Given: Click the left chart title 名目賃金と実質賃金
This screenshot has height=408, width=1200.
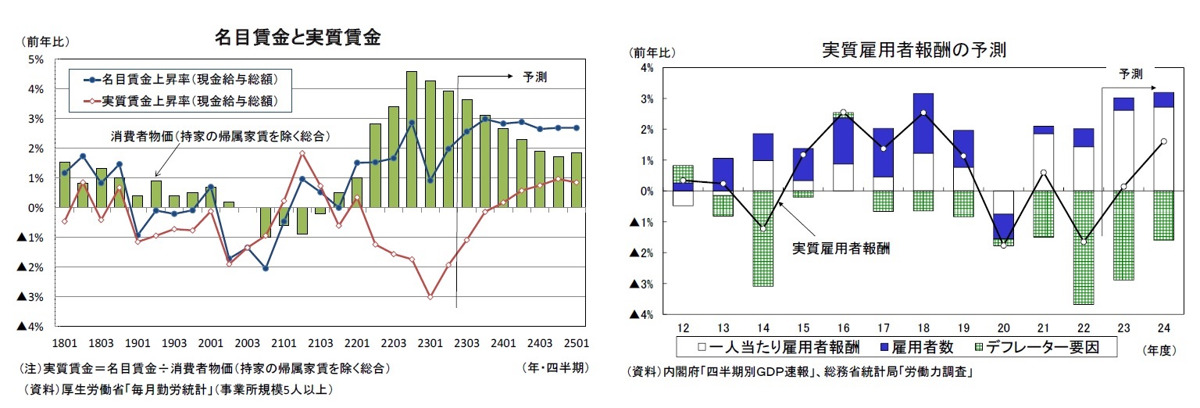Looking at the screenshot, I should click(x=298, y=38).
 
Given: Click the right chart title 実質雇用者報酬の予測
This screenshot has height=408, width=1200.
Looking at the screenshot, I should click(x=913, y=50).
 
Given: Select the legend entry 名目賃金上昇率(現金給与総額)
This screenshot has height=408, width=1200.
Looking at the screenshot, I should click(x=180, y=79).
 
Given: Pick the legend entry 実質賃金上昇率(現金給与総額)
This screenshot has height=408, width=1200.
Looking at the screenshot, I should click(x=180, y=101).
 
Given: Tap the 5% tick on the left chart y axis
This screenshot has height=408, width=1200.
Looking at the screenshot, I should click(x=36, y=59).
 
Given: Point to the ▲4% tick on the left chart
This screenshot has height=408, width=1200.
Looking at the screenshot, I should click(x=33, y=326).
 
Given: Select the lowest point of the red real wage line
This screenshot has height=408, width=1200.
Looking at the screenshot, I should click(x=430, y=297).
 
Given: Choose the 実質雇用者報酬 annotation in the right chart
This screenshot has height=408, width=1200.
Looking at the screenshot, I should click(x=841, y=248).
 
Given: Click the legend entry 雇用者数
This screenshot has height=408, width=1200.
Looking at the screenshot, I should click(x=918, y=345).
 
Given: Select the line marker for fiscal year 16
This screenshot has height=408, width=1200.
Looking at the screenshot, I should click(x=843, y=113).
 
